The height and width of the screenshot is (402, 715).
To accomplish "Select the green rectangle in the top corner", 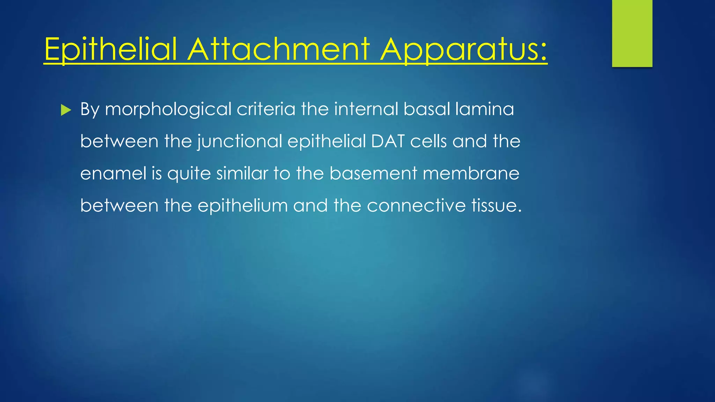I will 632,33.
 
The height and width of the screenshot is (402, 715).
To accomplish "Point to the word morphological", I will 168,110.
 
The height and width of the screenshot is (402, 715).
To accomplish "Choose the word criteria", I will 266,109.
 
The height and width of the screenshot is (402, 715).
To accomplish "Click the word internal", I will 366,109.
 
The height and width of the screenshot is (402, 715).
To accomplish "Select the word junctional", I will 239,142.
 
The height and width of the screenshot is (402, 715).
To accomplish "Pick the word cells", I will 428,141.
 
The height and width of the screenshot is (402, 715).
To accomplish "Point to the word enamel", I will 113,173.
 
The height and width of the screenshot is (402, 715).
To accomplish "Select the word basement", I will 373,173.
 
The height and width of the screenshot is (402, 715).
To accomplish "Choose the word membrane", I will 471,173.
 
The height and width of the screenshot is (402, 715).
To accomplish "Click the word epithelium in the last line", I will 243,206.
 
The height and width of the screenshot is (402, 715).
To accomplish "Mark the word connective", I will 416,206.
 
